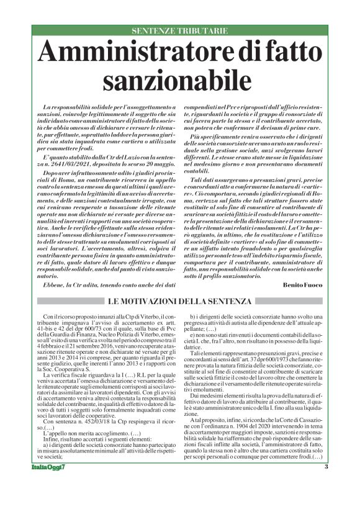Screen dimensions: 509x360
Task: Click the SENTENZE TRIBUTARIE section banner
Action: point(180,30)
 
